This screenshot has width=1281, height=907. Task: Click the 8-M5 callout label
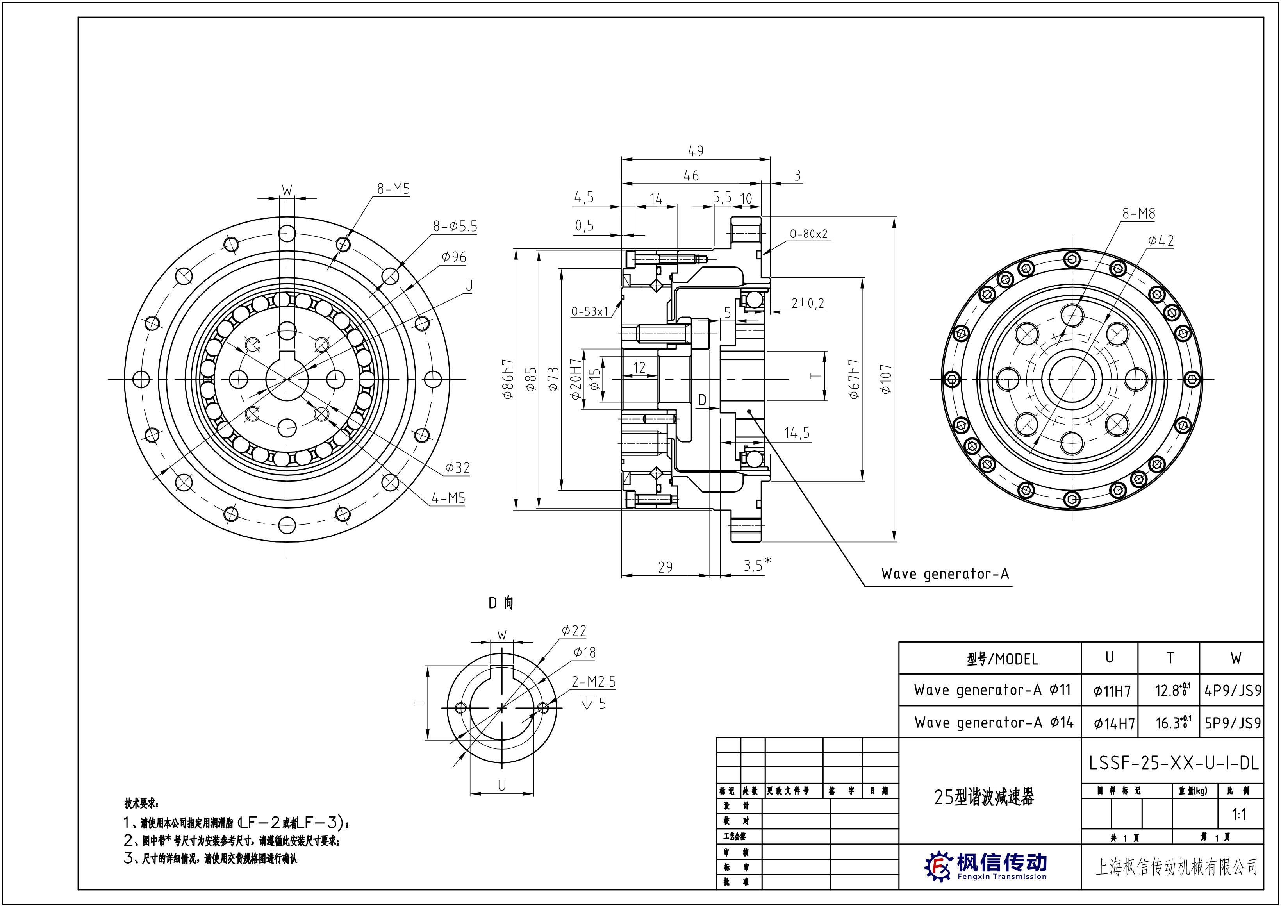click(x=393, y=189)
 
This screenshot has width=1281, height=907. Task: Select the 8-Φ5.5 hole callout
click(x=455, y=226)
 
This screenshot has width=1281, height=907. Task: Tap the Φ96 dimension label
click(x=453, y=257)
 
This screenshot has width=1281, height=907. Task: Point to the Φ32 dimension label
click(x=457, y=468)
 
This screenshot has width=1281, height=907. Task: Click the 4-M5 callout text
click(x=448, y=498)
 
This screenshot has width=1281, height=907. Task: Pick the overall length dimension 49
click(x=696, y=151)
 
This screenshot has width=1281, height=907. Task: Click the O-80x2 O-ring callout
click(x=808, y=234)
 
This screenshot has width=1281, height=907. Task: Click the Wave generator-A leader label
click(x=945, y=573)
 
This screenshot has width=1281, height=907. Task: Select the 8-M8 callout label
click(x=1138, y=213)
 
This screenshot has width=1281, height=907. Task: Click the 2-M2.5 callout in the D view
click(x=594, y=682)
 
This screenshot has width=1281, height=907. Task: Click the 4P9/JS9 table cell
click(x=1233, y=691)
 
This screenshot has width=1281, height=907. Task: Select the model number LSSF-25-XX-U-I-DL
click(x=1174, y=763)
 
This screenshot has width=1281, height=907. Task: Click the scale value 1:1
click(x=1239, y=815)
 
